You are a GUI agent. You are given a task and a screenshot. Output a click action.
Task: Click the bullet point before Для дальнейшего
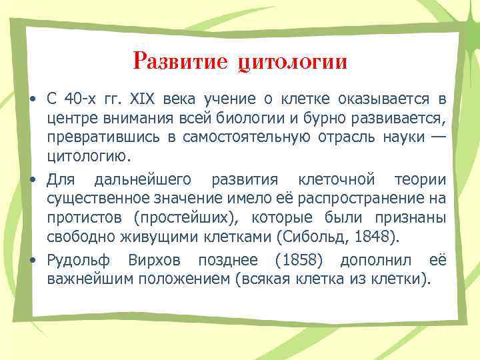(32, 180)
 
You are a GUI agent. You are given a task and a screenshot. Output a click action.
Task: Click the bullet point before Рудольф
(32, 260)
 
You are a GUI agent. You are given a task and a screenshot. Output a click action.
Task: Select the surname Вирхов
(155, 259)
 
